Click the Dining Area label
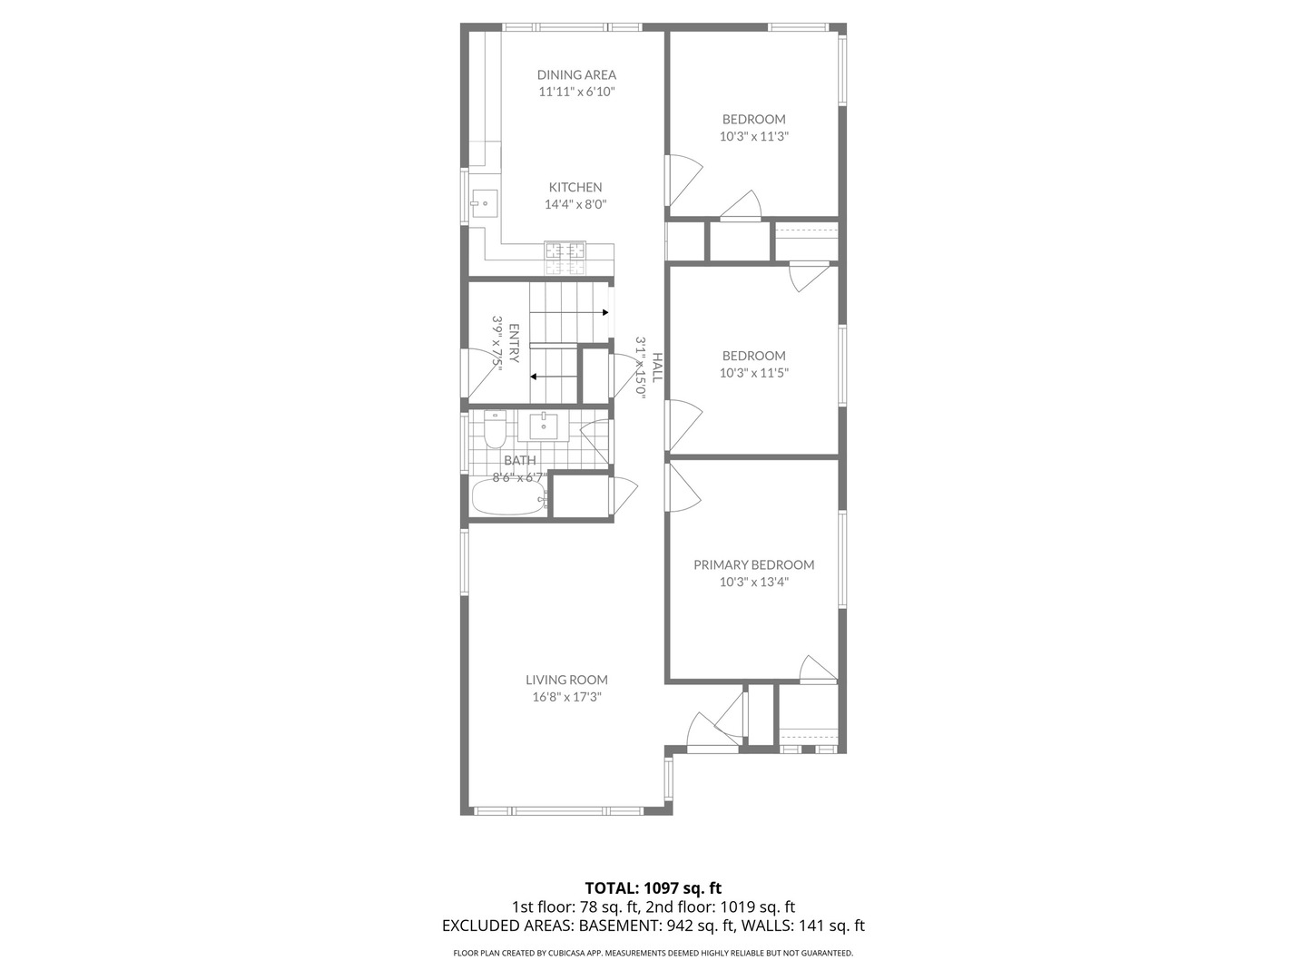click(x=576, y=74)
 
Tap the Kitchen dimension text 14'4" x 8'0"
click(x=575, y=205)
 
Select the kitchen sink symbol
click(x=485, y=204)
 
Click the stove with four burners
click(x=566, y=259)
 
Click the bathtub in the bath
click(x=508, y=498)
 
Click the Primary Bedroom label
click(x=753, y=564)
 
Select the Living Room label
click(x=566, y=680)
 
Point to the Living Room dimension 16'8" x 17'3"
click(x=566, y=698)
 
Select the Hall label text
click(x=656, y=367)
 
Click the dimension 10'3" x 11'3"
click(x=753, y=137)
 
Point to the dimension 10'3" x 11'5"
click(x=753, y=373)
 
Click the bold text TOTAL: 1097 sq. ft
click(x=653, y=887)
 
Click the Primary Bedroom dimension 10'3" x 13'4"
click(x=753, y=583)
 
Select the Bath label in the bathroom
click(x=519, y=460)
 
